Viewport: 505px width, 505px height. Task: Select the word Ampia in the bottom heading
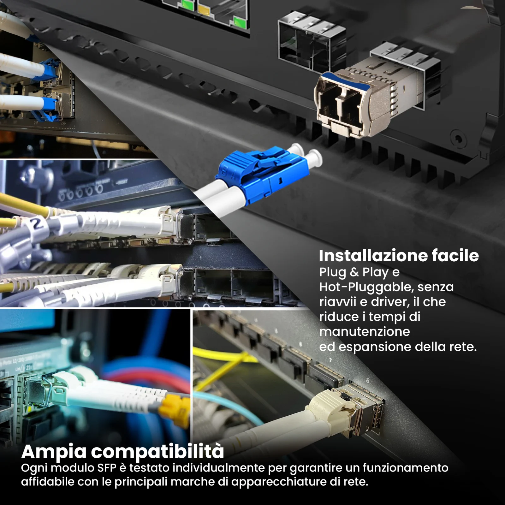tap(54, 452)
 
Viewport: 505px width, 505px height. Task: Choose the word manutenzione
tap(365, 332)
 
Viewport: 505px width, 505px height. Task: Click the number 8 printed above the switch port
tap(367, 380)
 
